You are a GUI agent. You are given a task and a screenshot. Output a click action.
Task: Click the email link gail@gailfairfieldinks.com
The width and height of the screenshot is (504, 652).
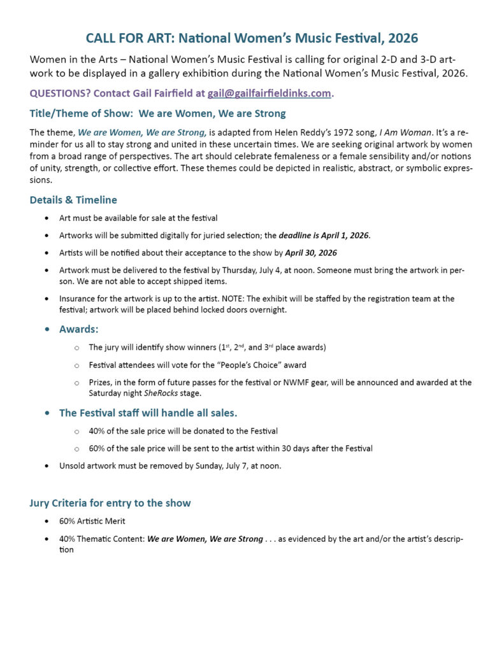point(269,94)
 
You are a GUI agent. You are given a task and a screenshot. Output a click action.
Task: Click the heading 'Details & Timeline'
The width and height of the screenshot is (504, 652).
point(73,200)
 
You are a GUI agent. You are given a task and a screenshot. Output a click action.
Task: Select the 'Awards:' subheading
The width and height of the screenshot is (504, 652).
point(78,329)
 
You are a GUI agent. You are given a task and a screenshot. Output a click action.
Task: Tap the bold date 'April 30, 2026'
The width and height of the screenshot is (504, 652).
point(311,253)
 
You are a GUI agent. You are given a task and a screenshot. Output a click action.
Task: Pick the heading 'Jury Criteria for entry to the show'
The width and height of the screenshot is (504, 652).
point(110,503)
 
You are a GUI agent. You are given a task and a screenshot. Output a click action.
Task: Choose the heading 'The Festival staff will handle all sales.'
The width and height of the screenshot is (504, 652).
point(148,413)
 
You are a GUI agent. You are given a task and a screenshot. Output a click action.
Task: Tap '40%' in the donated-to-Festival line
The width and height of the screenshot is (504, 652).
point(97,431)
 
